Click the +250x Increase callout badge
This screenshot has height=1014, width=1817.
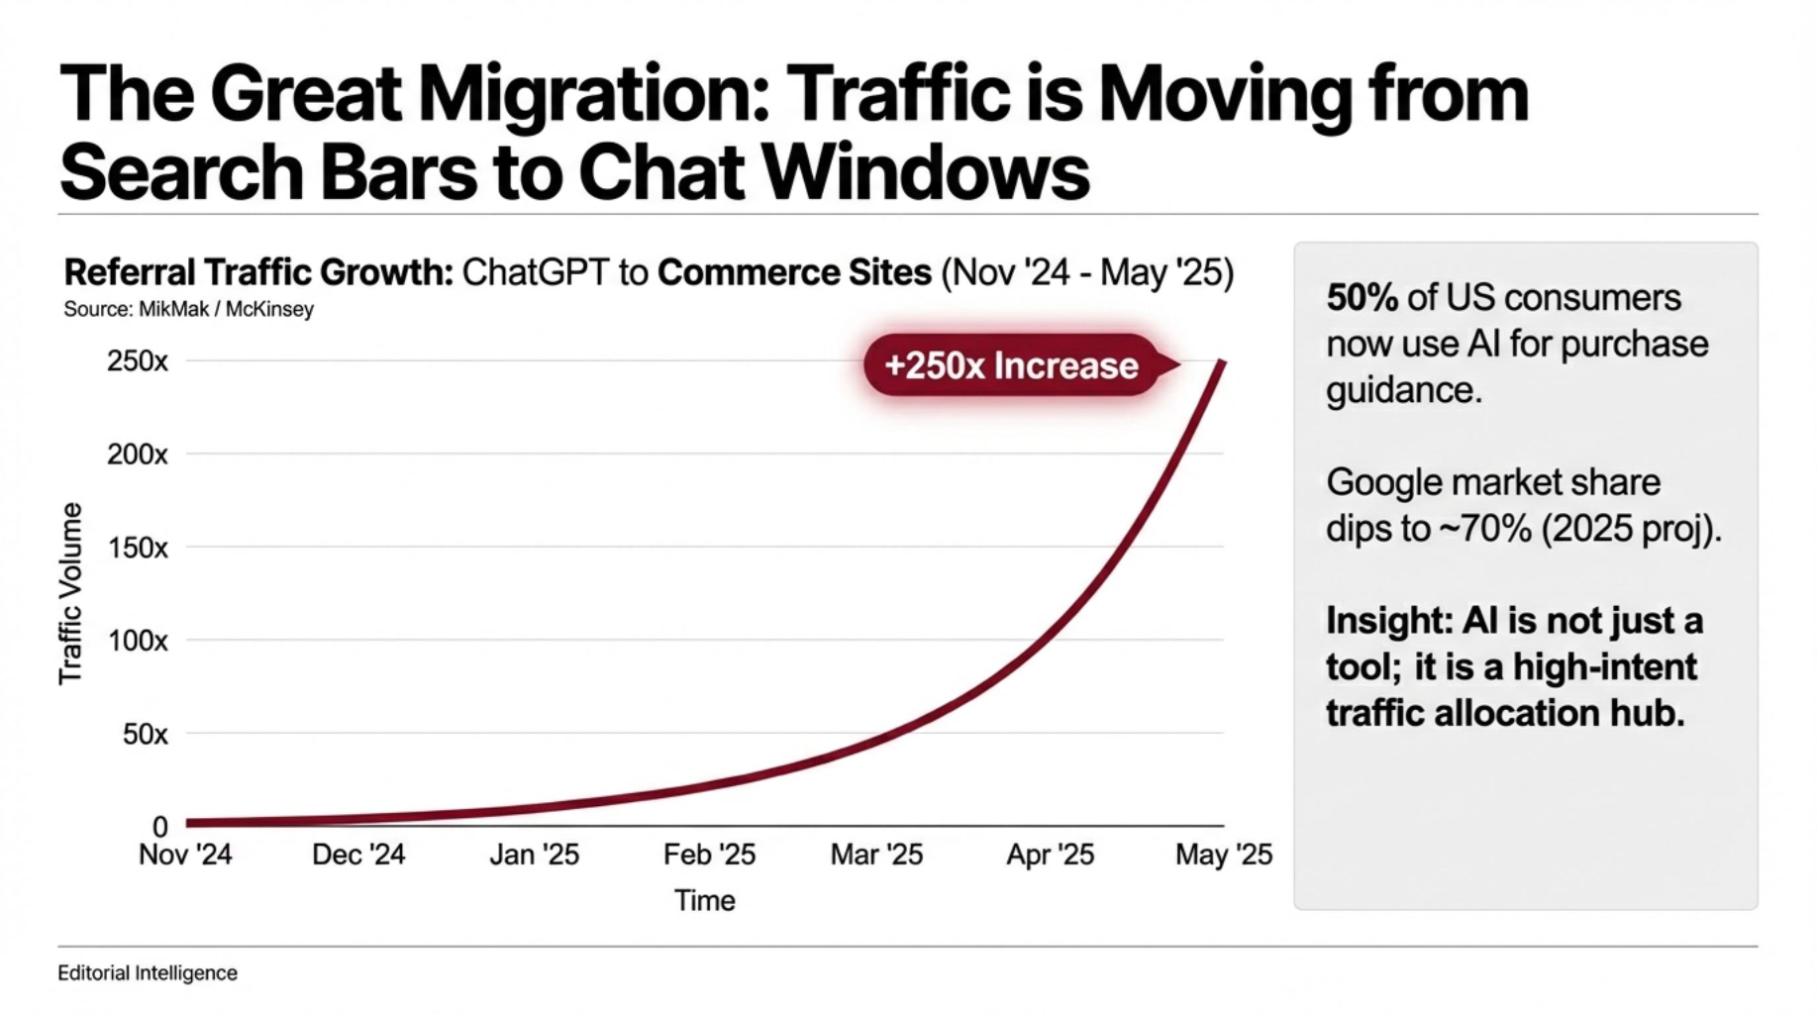pyautogui.click(x=1011, y=365)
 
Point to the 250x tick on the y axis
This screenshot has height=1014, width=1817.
pyautogui.click(x=138, y=361)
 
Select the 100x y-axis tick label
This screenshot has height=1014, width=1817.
pyautogui.click(x=138, y=641)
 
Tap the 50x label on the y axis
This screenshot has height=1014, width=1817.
pyautogui.click(x=145, y=734)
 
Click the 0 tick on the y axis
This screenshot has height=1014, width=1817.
pyautogui.click(x=159, y=826)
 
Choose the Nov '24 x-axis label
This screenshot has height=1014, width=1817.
pyautogui.click(x=185, y=855)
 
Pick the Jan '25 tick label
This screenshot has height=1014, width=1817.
pyautogui.click(x=534, y=855)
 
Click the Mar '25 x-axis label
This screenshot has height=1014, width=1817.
pyautogui.click(x=876, y=855)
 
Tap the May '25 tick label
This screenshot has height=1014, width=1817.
pyautogui.click(x=1223, y=855)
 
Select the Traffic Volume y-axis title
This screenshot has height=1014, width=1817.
pyautogui.click(x=70, y=593)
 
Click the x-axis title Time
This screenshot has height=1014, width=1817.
pyautogui.click(x=704, y=900)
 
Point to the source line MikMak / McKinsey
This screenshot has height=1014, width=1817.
pyautogui.click(x=188, y=309)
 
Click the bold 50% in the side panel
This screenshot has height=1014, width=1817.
pyautogui.click(x=1362, y=297)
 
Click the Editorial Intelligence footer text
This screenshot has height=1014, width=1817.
pyautogui.click(x=148, y=973)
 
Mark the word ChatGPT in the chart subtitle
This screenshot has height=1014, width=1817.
pyautogui.click(x=535, y=272)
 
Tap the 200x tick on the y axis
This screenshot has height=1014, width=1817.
pyautogui.click(x=138, y=455)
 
